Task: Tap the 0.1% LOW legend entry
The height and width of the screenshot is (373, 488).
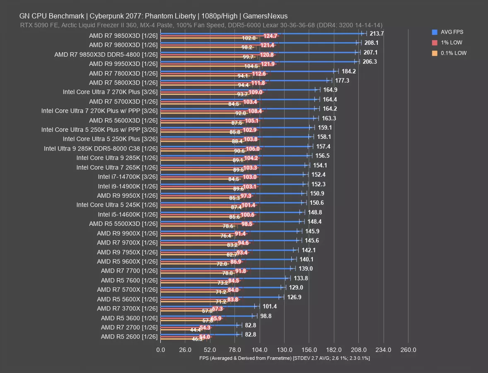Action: pyautogui.click(x=453, y=53)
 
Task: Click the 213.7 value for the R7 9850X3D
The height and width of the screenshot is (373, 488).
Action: pyautogui.click(x=377, y=34)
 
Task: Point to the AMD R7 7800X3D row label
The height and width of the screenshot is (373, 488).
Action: pyautogui.click(x=123, y=73)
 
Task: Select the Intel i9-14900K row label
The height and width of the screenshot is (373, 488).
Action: pyautogui.click(x=128, y=186)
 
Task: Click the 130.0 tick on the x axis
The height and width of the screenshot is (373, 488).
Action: pyautogui.click(x=284, y=350)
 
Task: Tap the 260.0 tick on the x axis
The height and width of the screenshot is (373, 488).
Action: pyautogui.click(x=408, y=350)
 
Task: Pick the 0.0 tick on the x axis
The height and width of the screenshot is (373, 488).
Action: pyautogui.click(x=160, y=350)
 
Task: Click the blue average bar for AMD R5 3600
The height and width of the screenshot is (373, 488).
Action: pyautogui.click(x=207, y=315)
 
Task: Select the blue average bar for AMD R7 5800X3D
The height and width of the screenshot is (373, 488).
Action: pyautogui.click(x=244, y=80)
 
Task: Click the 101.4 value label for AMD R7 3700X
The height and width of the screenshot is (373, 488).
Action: pyautogui.click(x=270, y=307)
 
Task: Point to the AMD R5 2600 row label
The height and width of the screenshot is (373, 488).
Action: pyautogui.click(x=129, y=337)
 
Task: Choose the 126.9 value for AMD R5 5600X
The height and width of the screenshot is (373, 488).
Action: pyautogui.click(x=295, y=297)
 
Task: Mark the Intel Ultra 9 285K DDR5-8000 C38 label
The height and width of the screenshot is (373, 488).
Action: pyautogui.click(x=101, y=148)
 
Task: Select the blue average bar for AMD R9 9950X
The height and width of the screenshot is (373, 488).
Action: pyautogui.click(x=232, y=193)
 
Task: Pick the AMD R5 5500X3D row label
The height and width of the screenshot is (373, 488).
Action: pyautogui.click(x=123, y=224)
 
